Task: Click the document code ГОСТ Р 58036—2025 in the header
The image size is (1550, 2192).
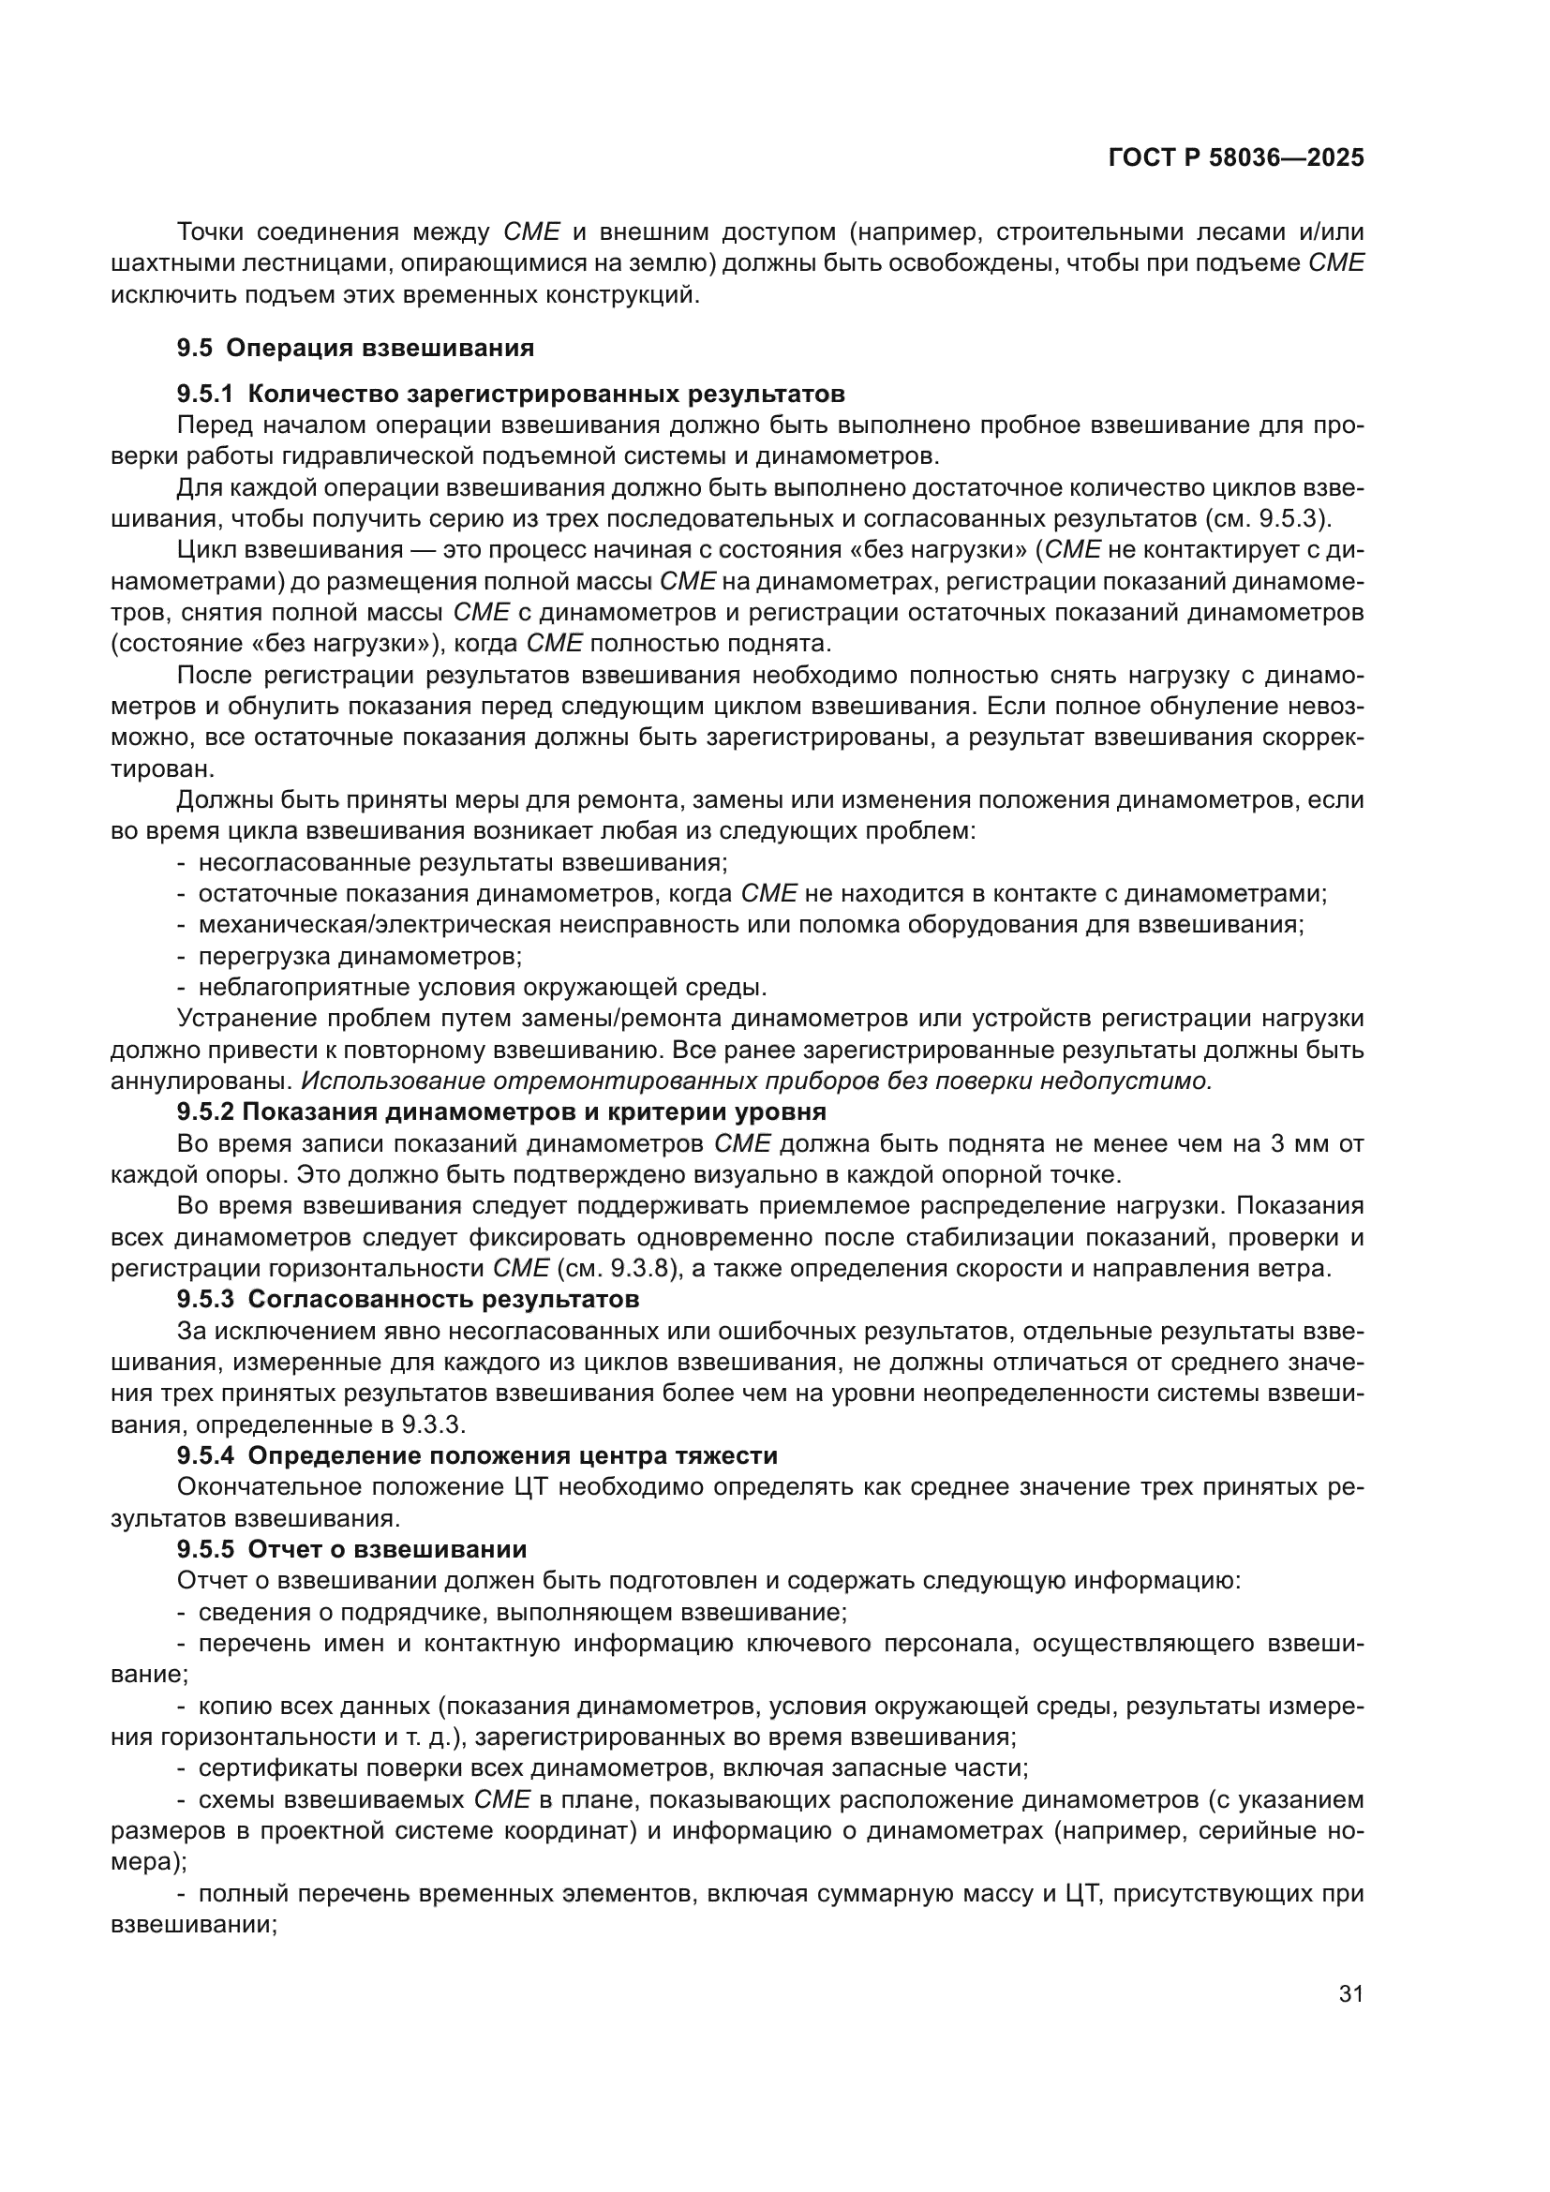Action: point(1236,158)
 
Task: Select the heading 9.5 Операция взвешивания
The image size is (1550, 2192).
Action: point(355,348)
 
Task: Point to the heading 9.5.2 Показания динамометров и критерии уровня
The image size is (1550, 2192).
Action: point(501,1111)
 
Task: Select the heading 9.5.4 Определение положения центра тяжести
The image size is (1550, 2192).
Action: point(476,1455)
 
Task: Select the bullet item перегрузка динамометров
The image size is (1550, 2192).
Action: point(359,956)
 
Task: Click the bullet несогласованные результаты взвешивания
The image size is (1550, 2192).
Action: point(462,862)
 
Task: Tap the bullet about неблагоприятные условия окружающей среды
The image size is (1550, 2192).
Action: point(482,987)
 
